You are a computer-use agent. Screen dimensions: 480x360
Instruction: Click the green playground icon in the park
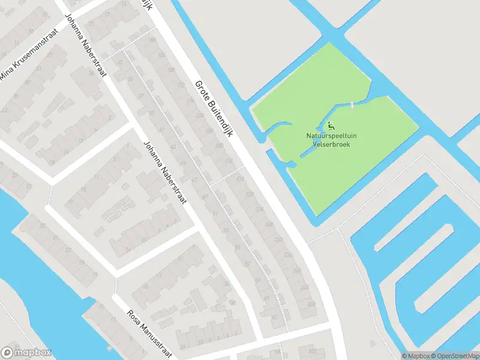tap(331, 126)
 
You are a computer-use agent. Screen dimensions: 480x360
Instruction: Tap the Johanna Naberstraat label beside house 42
tap(164, 172)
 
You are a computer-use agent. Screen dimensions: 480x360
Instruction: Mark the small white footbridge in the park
tap(352, 106)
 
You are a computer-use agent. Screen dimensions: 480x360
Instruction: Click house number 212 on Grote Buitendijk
tap(229, 162)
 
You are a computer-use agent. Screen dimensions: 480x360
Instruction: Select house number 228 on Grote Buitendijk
tap(259, 209)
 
